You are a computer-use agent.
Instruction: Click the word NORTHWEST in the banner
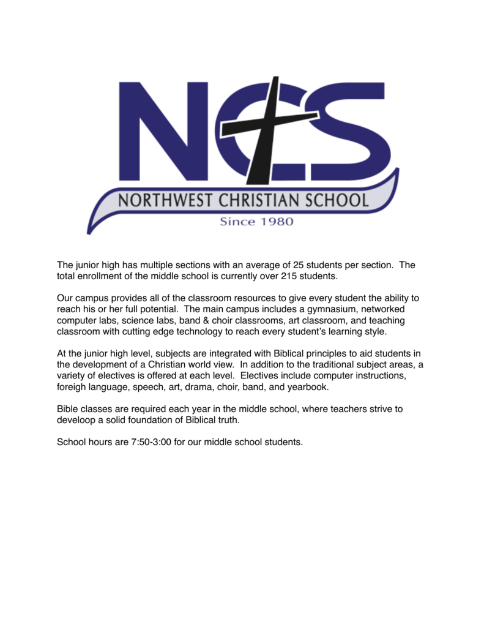162,200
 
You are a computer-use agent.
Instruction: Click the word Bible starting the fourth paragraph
68,408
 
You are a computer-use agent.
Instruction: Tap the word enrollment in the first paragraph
100,276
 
